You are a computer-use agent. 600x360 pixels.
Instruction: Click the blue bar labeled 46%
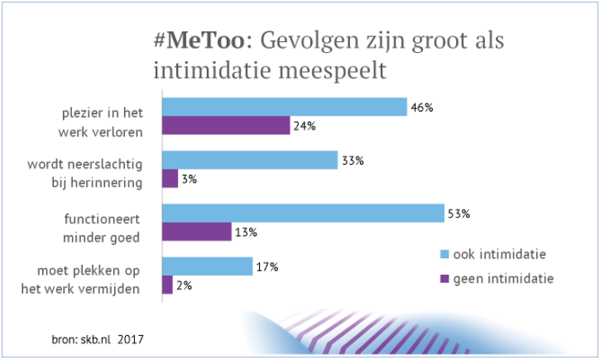284,107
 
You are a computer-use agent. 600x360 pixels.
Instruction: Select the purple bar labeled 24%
225,125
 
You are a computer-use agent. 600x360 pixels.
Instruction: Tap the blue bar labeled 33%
249,161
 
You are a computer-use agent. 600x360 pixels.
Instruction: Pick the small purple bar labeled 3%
169,178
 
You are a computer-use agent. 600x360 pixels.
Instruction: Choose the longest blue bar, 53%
302,214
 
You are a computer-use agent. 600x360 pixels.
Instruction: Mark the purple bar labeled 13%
196,231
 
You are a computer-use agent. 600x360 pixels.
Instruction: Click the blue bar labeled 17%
207,266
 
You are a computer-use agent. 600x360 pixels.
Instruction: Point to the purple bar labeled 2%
167,284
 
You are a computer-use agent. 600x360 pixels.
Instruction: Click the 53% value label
459,214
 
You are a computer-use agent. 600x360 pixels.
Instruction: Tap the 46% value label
423,108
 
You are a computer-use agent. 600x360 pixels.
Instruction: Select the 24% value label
305,127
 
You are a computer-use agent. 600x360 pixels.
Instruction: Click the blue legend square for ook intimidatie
444,253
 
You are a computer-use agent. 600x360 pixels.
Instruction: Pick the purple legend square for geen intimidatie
444,279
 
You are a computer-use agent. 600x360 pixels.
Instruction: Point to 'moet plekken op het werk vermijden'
93,279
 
